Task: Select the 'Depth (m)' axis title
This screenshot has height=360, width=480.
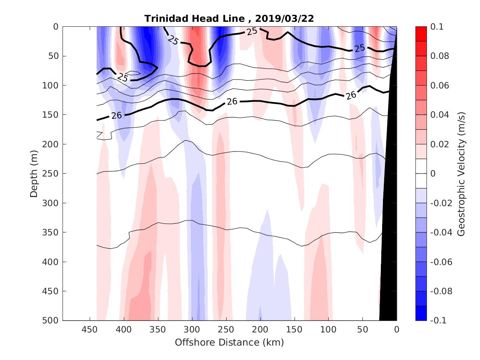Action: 34,173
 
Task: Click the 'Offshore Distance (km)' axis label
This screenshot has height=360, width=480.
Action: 229,342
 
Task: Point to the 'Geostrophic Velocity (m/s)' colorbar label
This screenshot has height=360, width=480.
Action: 461,173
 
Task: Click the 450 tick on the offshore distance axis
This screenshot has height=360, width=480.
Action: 90,330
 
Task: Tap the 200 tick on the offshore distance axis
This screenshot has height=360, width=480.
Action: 260,330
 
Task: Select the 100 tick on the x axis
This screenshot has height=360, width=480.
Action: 328,330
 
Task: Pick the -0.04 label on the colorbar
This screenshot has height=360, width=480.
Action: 440,232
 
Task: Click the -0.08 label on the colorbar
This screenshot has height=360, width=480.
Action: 440,291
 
